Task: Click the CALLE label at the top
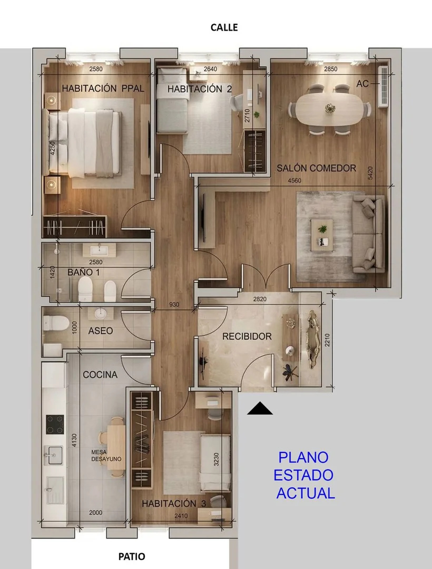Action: click(224, 27)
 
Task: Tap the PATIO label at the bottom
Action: click(132, 556)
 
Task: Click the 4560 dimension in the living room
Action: click(294, 180)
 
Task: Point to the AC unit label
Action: click(362, 84)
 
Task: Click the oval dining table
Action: click(330, 109)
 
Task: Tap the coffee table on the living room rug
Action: click(322, 235)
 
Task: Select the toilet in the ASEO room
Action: click(56, 323)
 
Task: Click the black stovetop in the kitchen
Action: click(55, 425)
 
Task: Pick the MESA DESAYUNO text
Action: click(106, 456)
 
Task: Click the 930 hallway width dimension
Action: click(174, 304)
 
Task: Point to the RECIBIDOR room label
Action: click(247, 336)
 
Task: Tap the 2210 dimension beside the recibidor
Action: click(327, 340)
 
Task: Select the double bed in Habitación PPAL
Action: click(84, 142)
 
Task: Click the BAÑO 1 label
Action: click(83, 272)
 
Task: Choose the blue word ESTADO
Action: click(303, 475)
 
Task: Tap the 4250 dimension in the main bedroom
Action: click(53, 148)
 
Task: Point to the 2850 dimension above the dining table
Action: click(330, 69)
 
